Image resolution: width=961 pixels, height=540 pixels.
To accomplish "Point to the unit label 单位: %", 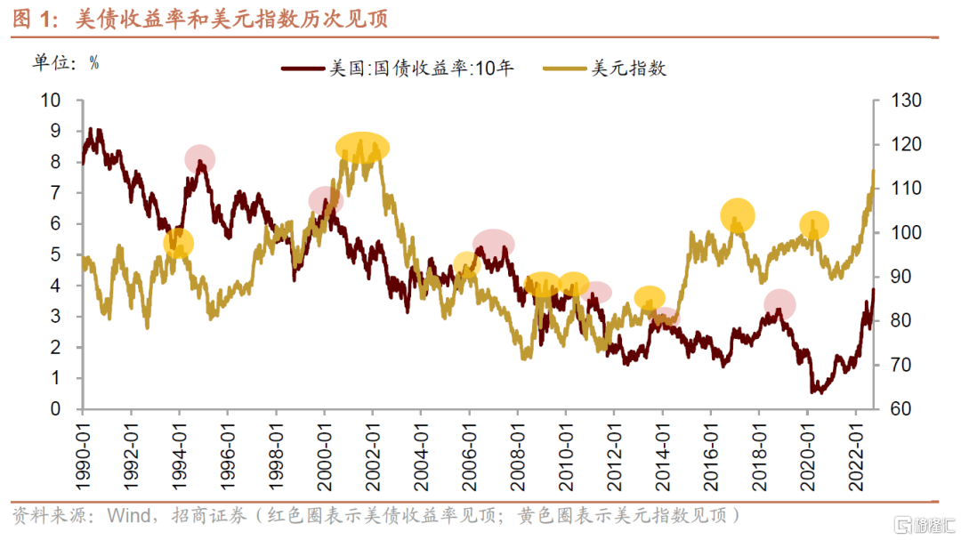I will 66,62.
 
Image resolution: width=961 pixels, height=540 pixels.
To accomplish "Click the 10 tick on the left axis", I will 51,101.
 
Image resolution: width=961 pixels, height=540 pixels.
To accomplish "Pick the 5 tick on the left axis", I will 55,254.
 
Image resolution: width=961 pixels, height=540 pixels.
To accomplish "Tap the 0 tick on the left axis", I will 55,409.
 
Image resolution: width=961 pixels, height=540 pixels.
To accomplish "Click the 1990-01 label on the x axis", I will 83,450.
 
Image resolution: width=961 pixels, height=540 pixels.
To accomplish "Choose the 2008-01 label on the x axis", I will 517,450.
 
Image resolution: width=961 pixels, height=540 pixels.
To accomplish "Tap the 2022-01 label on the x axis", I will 855,450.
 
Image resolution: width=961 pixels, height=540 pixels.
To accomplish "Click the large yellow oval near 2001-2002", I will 363,148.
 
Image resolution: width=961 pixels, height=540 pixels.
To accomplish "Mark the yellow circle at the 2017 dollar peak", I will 738,214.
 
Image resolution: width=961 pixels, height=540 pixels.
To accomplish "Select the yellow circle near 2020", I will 813,226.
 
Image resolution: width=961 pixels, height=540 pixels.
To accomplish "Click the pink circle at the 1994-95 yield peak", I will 201,158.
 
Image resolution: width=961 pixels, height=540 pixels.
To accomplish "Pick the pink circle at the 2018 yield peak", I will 779,304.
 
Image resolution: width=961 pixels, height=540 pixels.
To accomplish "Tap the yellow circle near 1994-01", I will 179,243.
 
